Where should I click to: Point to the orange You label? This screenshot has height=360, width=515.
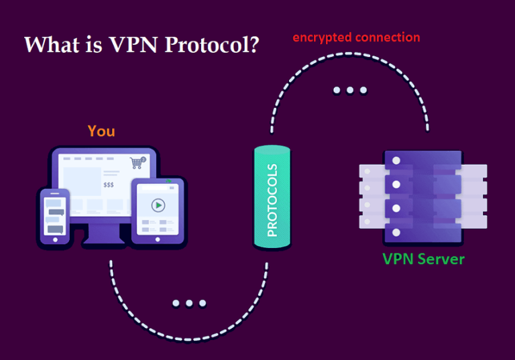click(101, 131)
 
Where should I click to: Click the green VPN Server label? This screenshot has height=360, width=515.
click(423, 258)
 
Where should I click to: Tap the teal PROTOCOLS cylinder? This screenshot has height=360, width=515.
click(272, 198)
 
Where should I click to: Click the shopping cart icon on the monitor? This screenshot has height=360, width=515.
click(137, 162)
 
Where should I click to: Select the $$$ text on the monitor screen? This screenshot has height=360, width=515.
click(109, 184)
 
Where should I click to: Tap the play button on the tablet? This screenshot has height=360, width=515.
click(158, 205)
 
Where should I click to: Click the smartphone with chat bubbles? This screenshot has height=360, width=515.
click(55, 215)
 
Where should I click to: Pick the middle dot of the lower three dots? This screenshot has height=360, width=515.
click(188, 303)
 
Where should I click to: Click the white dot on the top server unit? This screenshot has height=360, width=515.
click(396, 161)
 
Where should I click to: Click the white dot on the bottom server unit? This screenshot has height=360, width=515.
click(396, 232)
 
